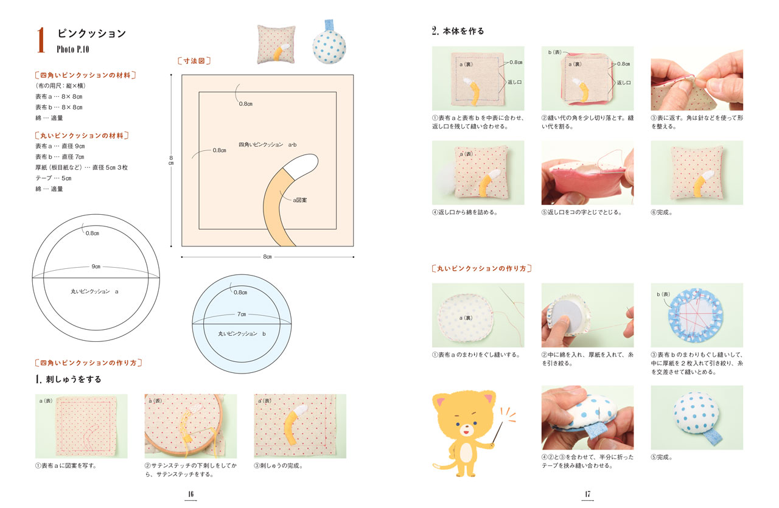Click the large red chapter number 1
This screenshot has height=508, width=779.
tap(41, 40)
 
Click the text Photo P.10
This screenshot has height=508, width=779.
tap(72, 49)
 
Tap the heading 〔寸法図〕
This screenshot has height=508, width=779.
tap(194, 61)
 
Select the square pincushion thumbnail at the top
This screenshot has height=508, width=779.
tap(276, 44)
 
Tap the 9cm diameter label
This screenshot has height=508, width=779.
tap(96, 266)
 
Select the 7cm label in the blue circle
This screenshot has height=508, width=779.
tap(242, 315)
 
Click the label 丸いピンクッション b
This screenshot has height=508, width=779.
tap(242, 334)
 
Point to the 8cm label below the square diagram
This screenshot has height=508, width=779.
tap(267, 257)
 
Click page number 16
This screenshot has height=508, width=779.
tap(190, 494)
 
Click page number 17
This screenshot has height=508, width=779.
tap(587, 494)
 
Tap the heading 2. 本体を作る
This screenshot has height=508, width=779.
tap(458, 31)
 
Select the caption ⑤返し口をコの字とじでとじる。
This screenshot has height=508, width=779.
tap(581, 212)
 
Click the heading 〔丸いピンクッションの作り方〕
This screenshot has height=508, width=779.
tap(481, 268)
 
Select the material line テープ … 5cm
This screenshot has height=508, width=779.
tap(53, 178)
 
